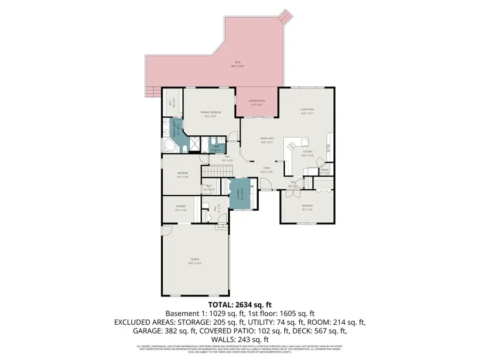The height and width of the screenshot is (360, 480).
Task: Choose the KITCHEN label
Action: point(307,153)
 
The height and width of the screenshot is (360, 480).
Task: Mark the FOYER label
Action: point(267,170)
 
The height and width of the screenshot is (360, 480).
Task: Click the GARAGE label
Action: point(194,261)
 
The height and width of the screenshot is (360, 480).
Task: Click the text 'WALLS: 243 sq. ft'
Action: point(239,339)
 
